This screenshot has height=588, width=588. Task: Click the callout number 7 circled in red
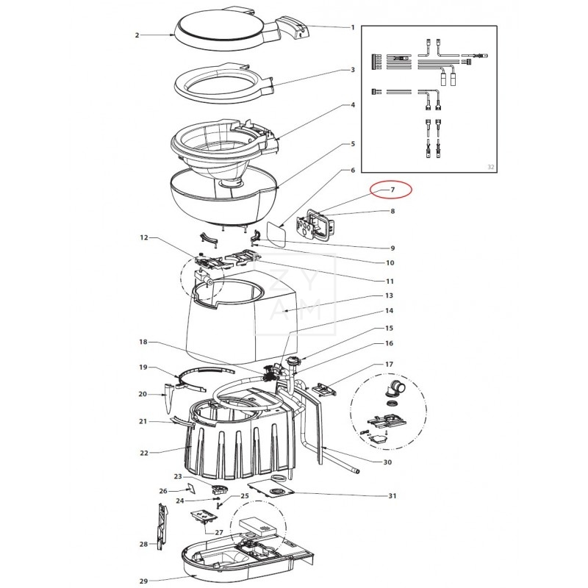point(392,190)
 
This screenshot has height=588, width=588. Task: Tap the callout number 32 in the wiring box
point(490,167)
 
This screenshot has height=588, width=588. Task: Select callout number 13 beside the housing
point(389,295)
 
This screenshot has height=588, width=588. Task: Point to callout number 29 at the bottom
point(143,581)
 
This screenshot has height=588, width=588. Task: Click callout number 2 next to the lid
point(137,35)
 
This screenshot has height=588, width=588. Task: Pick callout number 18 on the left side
point(143,342)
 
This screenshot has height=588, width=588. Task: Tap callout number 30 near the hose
point(387,462)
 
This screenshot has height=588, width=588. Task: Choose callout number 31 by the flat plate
point(392,495)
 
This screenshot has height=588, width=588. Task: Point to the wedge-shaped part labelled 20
point(168,398)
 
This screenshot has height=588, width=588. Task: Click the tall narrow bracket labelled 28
point(162,526)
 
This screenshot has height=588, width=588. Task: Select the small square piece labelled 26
point(192,487)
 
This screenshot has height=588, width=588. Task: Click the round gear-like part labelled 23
point(220,490)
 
